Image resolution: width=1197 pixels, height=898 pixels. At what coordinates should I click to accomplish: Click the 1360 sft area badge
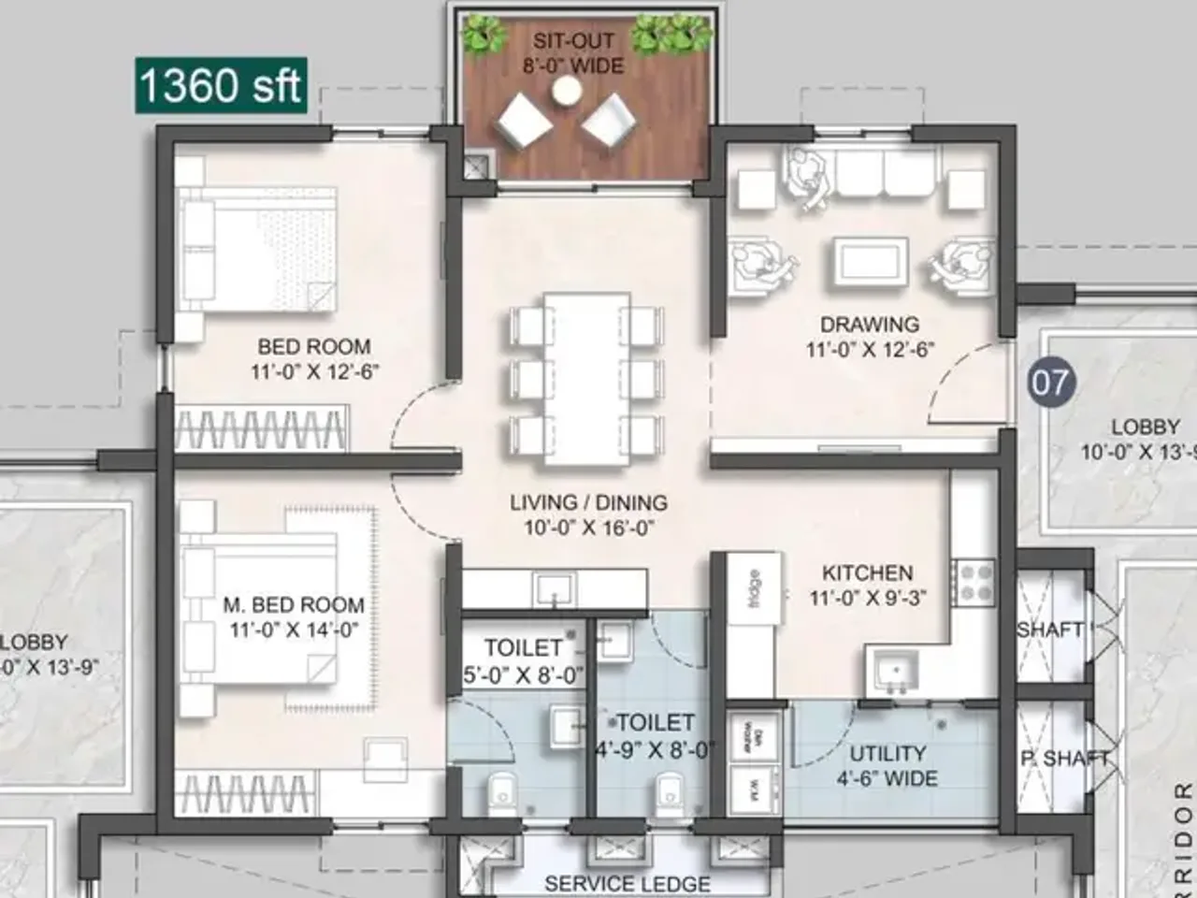tap(221, 85)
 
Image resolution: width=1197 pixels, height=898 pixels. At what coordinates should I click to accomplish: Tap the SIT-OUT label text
tap(573, 41)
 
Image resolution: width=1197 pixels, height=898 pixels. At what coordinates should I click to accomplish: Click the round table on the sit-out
tap(566, 91)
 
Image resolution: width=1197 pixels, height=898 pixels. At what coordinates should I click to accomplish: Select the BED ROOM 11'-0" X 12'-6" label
tap(314, 358)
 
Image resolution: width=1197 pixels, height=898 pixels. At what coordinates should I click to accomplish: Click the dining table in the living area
tap(586, 378)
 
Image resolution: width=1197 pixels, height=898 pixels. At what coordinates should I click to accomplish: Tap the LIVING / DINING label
tap(588, 514)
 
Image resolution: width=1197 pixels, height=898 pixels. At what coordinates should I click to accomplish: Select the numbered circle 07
tap(1049, 383)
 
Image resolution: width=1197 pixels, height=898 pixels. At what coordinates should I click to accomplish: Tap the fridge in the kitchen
tap(753, 589)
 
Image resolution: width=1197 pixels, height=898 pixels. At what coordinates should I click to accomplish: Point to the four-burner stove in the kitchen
tap(973, 582)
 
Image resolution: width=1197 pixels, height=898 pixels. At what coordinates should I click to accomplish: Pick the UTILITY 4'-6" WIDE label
tap(887, 765)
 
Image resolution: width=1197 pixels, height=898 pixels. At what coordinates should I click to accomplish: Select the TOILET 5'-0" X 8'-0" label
tap(524, 660)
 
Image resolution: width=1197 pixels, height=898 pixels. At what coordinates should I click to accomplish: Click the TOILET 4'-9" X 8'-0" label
tap(656, 734)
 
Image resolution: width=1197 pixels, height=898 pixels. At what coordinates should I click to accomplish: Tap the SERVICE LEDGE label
tap(627, 883)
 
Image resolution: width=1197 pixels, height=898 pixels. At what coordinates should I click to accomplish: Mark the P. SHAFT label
tap(1064, 759)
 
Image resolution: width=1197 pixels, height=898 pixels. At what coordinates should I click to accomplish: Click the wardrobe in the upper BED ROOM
tap(261, 429)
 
